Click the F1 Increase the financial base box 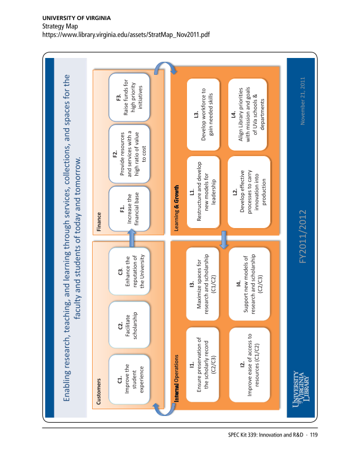(129, 209)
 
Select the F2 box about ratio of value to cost (129, 154)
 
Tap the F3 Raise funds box (129, 97)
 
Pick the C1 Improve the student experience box (129, 379)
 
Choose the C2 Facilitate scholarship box (129, 324)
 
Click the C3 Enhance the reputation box (129, 272)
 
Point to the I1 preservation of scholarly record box (203, 365)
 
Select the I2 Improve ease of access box (249, 365)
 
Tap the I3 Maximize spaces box (203, 284)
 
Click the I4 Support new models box (249, 284)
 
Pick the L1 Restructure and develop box (203, 192)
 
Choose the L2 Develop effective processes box (249, 192)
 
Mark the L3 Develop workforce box (203, 114)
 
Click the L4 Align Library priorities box (248, 114)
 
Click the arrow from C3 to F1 (132, 238)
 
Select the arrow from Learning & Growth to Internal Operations (224, 240)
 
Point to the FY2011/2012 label (303, 236)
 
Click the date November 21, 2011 (303, 101)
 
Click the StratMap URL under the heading (126, 35)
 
